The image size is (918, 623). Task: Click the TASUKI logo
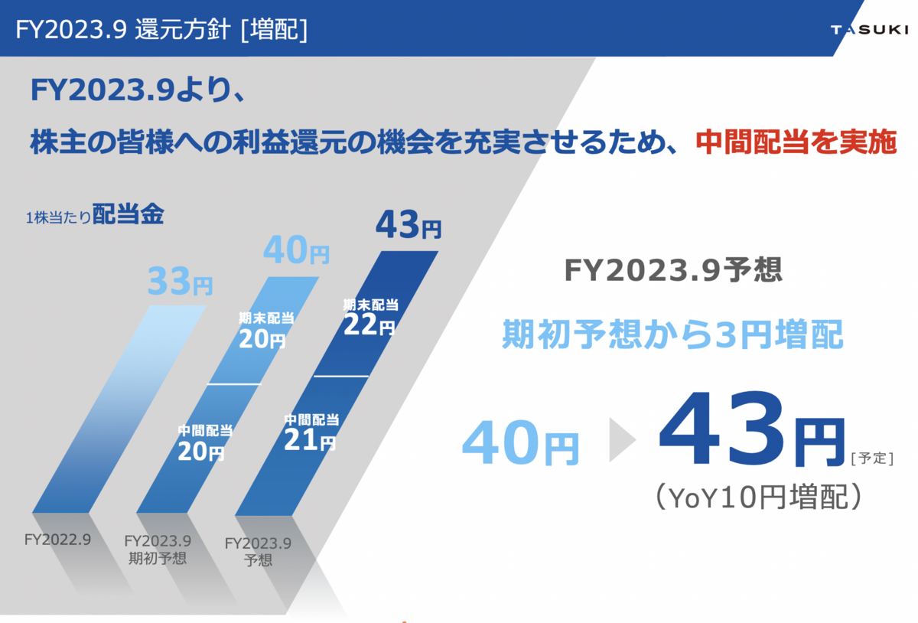pyautogui.click(x=869, y=30)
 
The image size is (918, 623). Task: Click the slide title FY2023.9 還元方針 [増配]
pyautogui.click(x=161, y=30)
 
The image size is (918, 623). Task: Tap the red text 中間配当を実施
pyautogui.click(x=796, y=142)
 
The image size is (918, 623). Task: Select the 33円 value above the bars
pyautogui.click(x=180, y=282)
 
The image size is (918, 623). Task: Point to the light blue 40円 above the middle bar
pyautogui.click(x=296, y=250)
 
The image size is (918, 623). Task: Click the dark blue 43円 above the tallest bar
pyautogui.click(x=409, y=224)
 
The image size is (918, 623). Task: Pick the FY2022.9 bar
pyautogui.click(x=119, y=409)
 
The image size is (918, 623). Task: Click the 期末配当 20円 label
pyautogui.click(x=266, y=330)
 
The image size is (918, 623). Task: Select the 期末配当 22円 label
pyautogui.click(x=370, y=317)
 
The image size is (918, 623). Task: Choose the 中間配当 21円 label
pyautogui.click(x=311, y=432)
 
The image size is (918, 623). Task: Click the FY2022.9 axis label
pyautogui.click(x=57, y=540)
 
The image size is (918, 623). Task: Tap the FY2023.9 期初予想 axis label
pyautogui.click(x=158, y=550)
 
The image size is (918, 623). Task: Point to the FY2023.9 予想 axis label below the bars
pyautogui.click(x=258, y=552)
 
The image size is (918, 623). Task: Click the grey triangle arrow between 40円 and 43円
pyautogui.click(x=622, y=439)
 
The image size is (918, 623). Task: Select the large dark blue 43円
pyautogui.click(x=752, y=429)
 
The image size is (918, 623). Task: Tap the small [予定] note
pyautogui.click(x=872, y=458)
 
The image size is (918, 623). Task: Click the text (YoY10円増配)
pyautogui.click(x=759, y=497)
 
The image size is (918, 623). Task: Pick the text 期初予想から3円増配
pyautogui.click(x=672, y=334)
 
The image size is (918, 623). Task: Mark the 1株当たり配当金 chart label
pyautogui.click(x=95, y=214)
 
